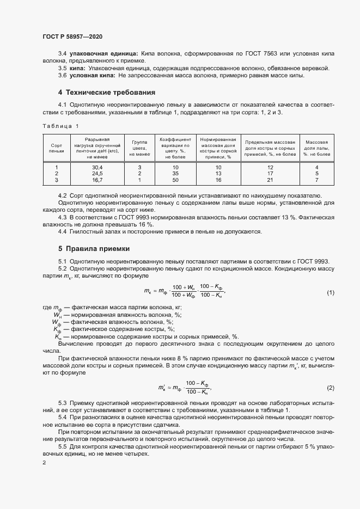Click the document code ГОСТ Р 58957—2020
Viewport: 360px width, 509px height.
click(x=72, y=36)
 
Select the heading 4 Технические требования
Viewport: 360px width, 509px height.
click(x=107, y=92)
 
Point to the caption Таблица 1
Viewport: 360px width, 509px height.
click(x=60, y=126)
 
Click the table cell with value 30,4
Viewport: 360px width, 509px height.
click(x=97, y=167)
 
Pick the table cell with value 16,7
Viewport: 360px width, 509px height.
click(x=97, y=180)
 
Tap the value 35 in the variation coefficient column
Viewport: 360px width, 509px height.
click(x=175, y=174)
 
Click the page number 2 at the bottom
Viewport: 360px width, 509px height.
click(x=44, y=463)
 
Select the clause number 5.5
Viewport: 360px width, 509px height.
click(x=62, y=446)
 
